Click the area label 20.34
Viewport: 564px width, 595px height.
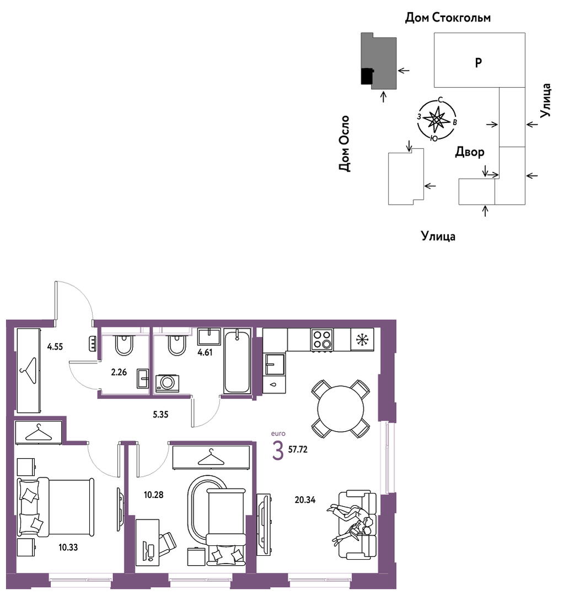pos(305,500)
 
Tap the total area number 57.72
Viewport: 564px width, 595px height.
pos(298,449)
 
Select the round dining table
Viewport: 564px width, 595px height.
pos(341,409)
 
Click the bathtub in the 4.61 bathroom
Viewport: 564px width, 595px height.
pos(238,361)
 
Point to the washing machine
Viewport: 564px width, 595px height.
pos(167,383)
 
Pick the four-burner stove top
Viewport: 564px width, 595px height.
pos(323,339)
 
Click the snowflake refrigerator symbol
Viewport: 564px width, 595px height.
pos(363,339)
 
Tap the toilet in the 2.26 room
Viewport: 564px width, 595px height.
pos(123,345)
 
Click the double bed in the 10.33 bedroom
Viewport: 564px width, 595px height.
pos(56,507)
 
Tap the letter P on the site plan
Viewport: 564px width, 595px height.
pos(479,62)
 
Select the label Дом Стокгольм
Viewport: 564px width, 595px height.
pos(448,18)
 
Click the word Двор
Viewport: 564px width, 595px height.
pos(470,152)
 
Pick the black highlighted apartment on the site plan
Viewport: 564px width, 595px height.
pos(367,76)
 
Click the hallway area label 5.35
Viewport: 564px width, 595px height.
pos(160,415)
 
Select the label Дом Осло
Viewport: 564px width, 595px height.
pos(344,144)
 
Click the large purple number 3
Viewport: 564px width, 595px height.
pos(278,451)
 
